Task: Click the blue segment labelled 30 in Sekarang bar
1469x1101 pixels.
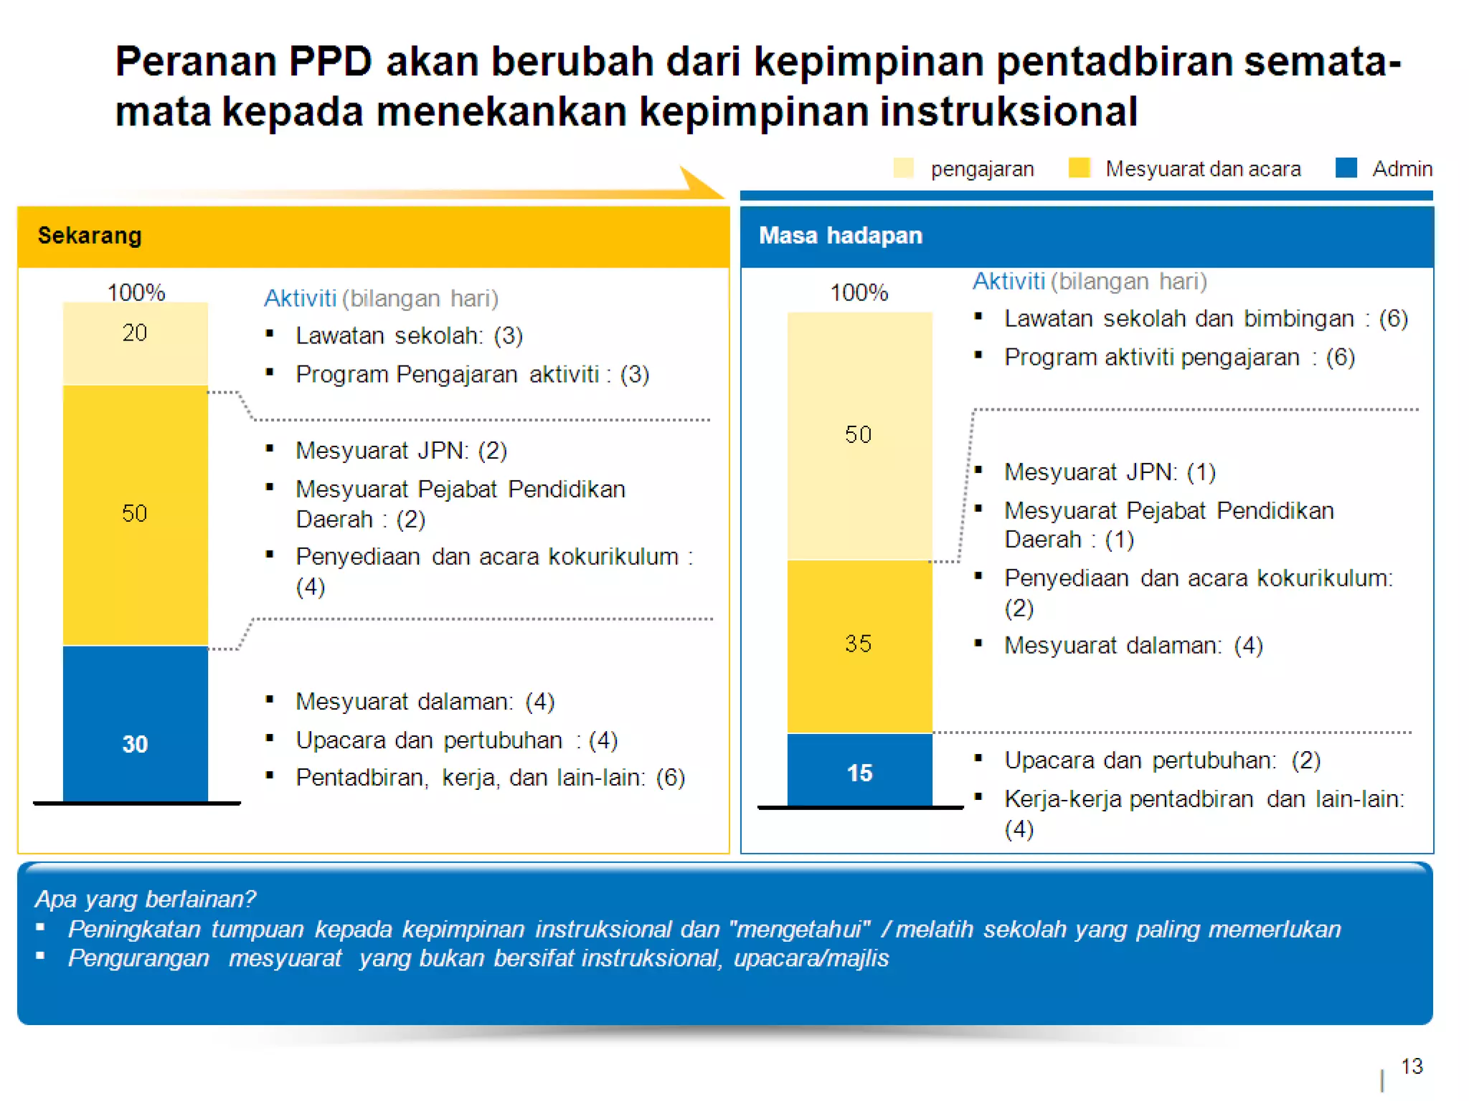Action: click(x=135, y=724)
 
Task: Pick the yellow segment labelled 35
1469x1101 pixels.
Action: click(x=859, y=645)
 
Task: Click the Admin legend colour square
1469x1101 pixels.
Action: click(x=1346, y=168)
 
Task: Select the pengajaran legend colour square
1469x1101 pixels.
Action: click(x=903, y=168)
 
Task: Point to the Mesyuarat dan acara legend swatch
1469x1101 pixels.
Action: click(x=1079, y=168)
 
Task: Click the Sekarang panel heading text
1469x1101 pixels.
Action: click(x=90, y=235)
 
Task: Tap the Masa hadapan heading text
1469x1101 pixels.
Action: click(x=841, y=235)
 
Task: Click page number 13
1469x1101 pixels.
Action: click(x=1412, y=1066)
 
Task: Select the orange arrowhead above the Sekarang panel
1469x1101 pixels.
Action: click(x=699, y=183)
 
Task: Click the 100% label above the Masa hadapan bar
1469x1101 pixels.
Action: click(x=859, y=292)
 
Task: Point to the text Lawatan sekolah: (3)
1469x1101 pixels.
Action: click(x=409, y=335)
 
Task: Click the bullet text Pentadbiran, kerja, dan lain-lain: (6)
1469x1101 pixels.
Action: click(x=490, y=778)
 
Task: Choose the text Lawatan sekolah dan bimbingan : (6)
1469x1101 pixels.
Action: click(x=1205, y=318)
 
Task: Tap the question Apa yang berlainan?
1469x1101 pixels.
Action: click(x=145, y=899)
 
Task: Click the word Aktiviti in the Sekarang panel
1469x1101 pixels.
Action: click(x=300, y=298)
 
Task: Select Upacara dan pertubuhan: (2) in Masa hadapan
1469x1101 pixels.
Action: click(x=1162, y=761)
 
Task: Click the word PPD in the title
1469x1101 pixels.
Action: click(x=330, y=61)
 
